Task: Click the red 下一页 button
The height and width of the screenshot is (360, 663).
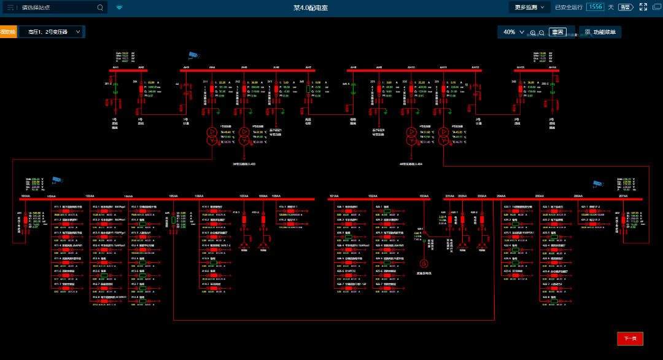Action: pos(630,338)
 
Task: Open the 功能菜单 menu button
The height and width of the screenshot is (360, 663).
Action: pos(600,32)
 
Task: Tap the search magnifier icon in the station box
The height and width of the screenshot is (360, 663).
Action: pos(101,7)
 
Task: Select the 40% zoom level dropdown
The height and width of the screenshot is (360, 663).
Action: pos(513,32)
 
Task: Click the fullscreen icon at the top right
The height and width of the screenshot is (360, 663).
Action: pos(643,7)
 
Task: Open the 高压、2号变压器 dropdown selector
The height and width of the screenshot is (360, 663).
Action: pos(52,31)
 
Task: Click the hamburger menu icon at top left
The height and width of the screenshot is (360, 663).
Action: pos(10,7)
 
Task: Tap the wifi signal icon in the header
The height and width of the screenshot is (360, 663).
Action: pos(119,7)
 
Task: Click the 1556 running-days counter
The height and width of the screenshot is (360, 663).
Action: pos(594,7)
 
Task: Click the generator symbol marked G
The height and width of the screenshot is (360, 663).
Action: pos(423,264)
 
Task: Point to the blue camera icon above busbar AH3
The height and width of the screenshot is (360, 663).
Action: pos(193,54)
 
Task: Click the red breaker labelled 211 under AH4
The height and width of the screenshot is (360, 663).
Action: pos(212,89)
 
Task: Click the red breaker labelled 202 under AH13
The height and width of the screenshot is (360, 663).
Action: pos(521,89)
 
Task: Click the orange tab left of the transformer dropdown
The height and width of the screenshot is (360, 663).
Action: pos(8,31)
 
